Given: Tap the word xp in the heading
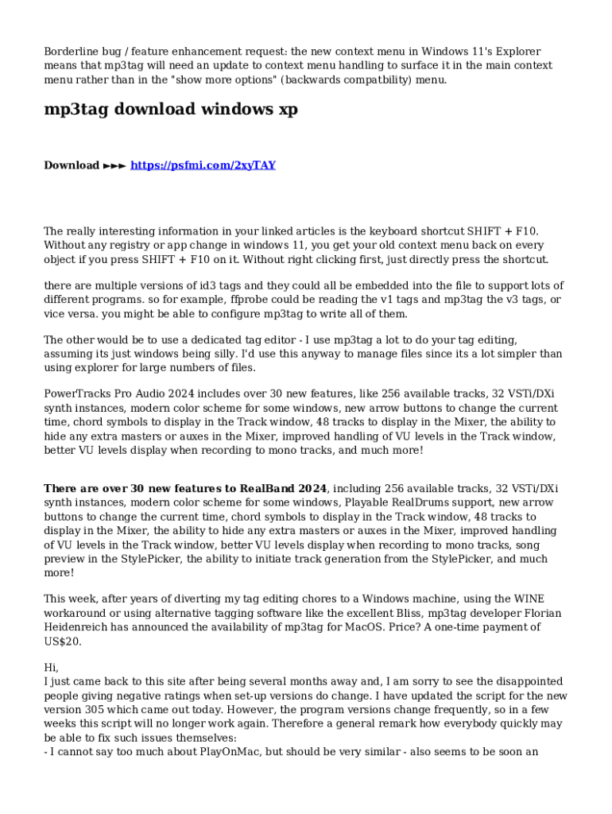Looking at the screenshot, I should click(288, 110).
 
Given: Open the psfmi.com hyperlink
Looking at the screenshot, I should click(203, 165).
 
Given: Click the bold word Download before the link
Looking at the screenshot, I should click(72, 165).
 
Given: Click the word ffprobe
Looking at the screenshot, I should click(230, 299).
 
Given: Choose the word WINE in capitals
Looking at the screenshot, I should click(526, 599).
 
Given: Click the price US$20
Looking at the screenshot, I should click(62, 642).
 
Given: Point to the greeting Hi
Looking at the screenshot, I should click(51, 668).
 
